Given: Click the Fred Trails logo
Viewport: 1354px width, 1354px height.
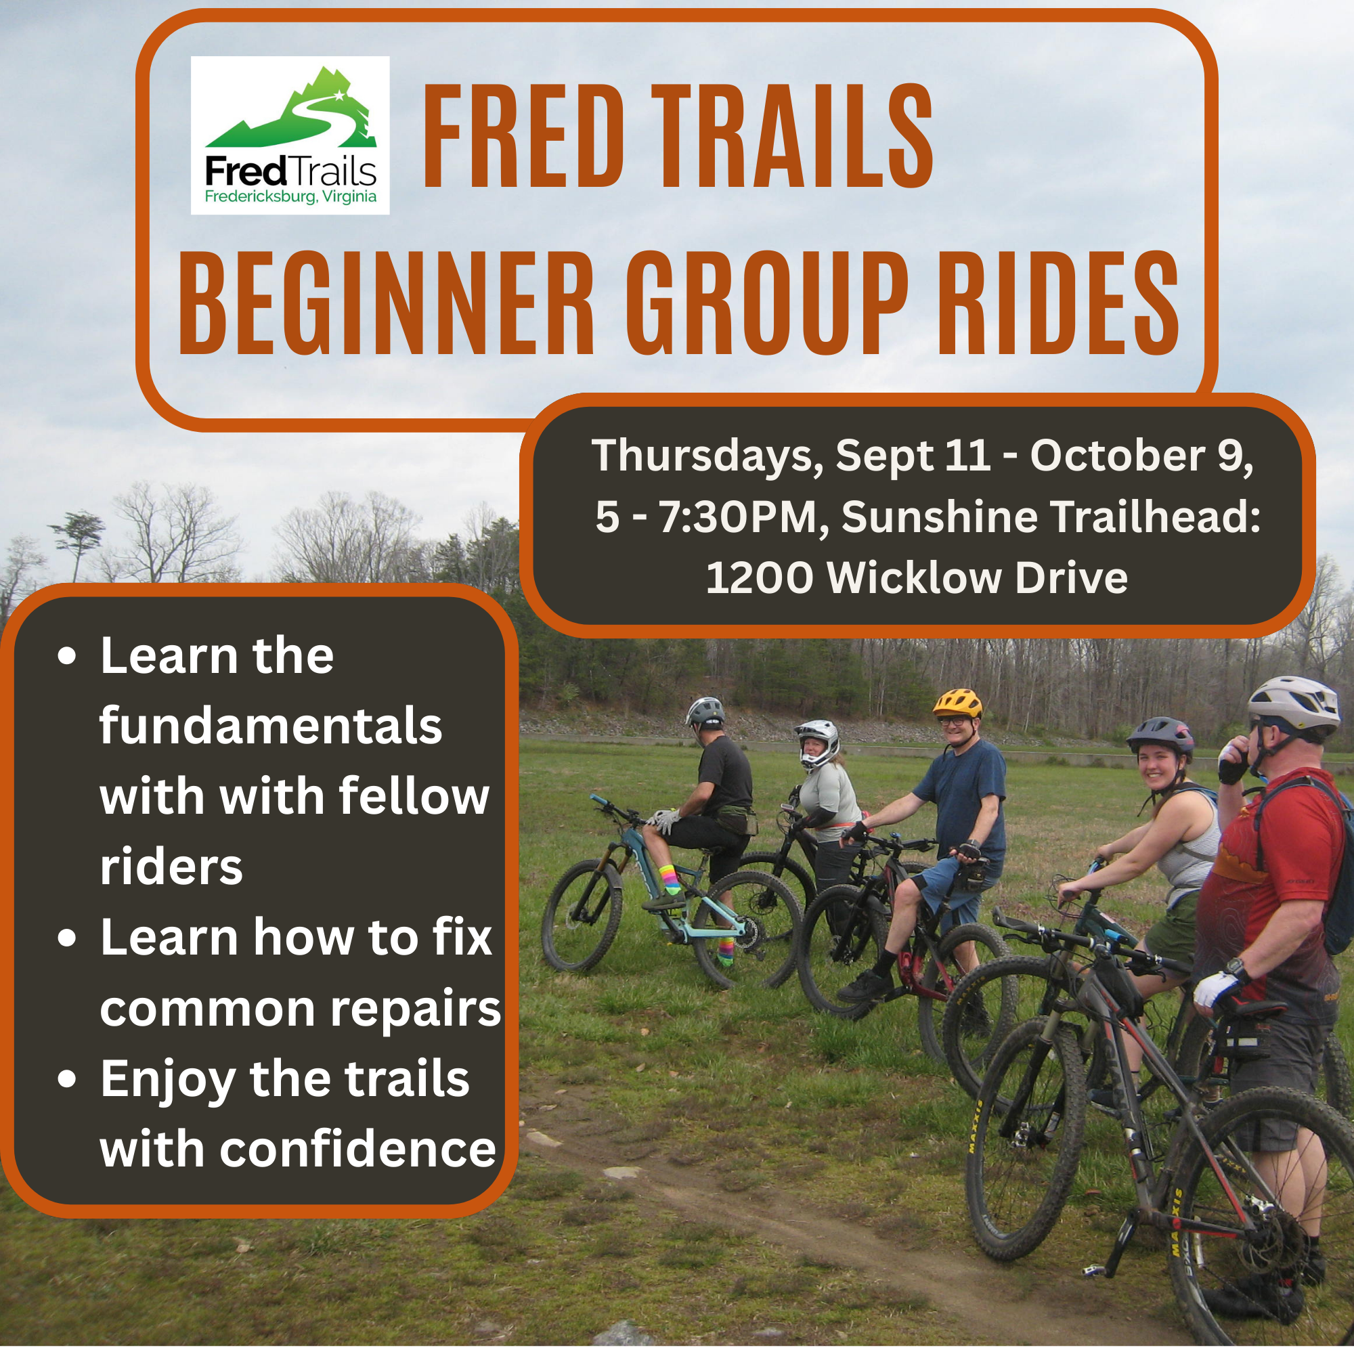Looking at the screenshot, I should click(x=290, y=135).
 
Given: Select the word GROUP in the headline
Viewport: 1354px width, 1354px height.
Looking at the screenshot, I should click(x=767, y=303).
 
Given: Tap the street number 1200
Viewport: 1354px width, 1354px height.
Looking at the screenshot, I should click(x=760, y=578).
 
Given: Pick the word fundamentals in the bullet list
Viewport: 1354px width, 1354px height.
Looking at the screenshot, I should click(x=271, y=726).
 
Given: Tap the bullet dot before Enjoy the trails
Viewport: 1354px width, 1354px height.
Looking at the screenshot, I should click(x=67, y=1080).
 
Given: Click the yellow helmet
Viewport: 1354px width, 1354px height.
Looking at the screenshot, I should click(x=957, y=702).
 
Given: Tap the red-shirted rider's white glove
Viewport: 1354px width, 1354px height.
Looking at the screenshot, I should click(x=1216, y=989).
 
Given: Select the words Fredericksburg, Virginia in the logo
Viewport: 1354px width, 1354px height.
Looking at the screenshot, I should click(x=290, y=196).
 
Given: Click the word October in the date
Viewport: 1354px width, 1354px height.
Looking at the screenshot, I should click(x=1118, y=456).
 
